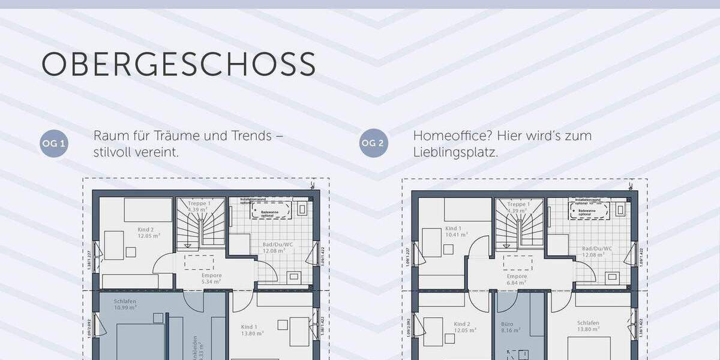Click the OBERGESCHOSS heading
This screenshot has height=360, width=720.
(178, 64)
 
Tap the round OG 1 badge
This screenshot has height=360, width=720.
(54, 143)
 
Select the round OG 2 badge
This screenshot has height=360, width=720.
(374, 143)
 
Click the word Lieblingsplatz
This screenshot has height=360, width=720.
(455, 152)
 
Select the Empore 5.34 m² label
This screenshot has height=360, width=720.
(211, 278)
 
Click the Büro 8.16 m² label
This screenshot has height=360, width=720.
(507, 326)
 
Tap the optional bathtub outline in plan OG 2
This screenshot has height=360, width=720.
(590, 209)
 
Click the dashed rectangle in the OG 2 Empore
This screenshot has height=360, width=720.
(518, 263)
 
